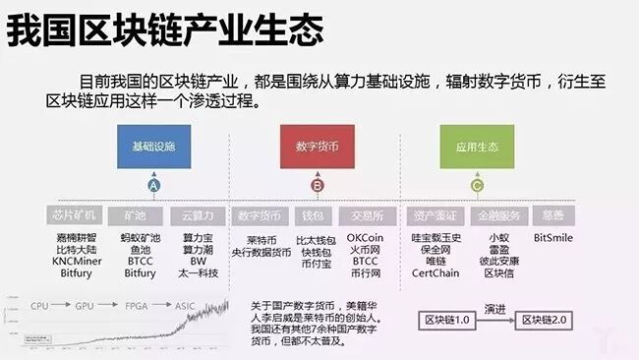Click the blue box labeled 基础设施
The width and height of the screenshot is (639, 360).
[153, 145]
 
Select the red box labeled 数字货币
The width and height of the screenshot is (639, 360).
[317, 145]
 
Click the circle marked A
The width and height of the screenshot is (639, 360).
[153, 185]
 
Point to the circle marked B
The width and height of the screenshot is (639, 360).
[317, 185]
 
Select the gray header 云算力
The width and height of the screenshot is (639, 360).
[198, 215]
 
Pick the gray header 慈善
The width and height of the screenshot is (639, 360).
[552, 215]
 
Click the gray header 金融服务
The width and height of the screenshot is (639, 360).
[498, 215]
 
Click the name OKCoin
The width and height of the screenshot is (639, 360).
[366, 237]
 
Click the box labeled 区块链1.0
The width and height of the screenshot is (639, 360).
[448, 321]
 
